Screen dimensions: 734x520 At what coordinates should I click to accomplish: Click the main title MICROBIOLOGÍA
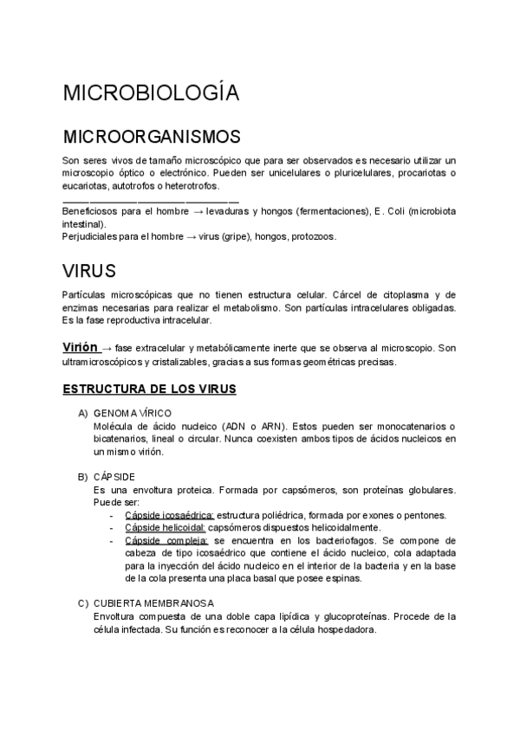pos(151,93)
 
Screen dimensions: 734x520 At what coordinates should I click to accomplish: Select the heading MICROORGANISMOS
pos(152,138)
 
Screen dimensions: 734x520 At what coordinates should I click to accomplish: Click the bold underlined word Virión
pos(80,347)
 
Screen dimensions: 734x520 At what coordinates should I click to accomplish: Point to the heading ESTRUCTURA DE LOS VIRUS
pos(149,390)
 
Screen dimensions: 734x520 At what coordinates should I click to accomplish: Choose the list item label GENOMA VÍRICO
pos(133,414)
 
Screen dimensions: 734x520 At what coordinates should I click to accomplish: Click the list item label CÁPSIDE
pos(115,477)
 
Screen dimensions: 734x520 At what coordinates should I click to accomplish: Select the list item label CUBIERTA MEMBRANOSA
pos(154,602)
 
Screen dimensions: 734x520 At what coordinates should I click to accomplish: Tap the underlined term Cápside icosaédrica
pos(169,515)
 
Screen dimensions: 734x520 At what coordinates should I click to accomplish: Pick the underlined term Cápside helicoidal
pos(165,527)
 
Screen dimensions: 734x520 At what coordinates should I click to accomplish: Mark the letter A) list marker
pos(82,414)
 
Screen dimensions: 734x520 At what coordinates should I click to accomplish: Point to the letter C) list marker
pos(82,602)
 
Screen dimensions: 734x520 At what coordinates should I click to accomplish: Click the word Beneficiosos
pos(89,211)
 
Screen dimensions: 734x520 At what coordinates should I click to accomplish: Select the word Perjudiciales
pos(89,236)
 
